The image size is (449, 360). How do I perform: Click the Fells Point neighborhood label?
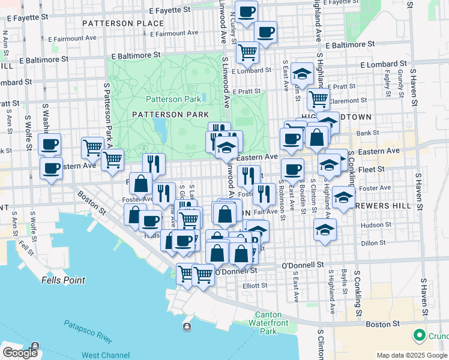(x=63, y=280)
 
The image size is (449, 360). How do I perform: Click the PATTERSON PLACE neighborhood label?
(x=123, y=23)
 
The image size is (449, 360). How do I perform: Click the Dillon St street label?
(x=372, y=243)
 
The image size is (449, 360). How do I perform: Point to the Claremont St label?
(x=348, y=101)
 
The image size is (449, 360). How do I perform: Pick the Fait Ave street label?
(x=265, y=211)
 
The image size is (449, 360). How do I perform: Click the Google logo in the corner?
(x=20, y=353)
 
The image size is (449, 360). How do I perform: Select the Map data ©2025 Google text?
(x=412, y=355)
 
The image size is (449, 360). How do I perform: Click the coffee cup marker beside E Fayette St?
(x=246, y=11)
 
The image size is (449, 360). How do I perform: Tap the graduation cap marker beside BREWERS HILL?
(x=343, y=197)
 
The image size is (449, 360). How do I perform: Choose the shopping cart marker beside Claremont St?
(x=319, y=98)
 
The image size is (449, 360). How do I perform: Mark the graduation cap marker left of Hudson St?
(x=325, y=229)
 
